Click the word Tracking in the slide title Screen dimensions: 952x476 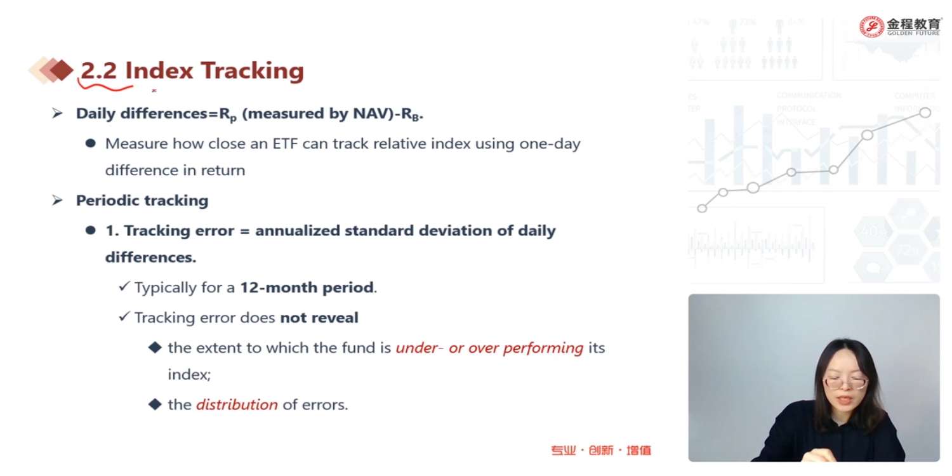(253, 70)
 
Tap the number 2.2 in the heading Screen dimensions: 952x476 (98, 70)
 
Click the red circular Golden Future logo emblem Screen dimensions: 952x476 (871, 27)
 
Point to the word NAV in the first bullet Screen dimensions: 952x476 (369, 114)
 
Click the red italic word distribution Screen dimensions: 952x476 (237, 404)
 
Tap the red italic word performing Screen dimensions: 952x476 (543, 348)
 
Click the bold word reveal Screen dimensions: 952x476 (337, 317)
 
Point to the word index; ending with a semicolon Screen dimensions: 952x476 (189, 374)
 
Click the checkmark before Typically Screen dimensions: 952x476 (124, 286)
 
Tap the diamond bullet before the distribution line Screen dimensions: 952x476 (155, 404)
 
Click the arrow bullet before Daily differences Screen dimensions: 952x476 (57, 113)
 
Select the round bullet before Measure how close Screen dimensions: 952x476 (90, 143)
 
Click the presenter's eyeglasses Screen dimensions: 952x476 (845, 383)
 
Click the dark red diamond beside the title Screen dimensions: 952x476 (62, 70)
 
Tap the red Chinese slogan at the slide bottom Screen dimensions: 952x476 (601, 450)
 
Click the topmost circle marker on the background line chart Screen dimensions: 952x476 (925, 112)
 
